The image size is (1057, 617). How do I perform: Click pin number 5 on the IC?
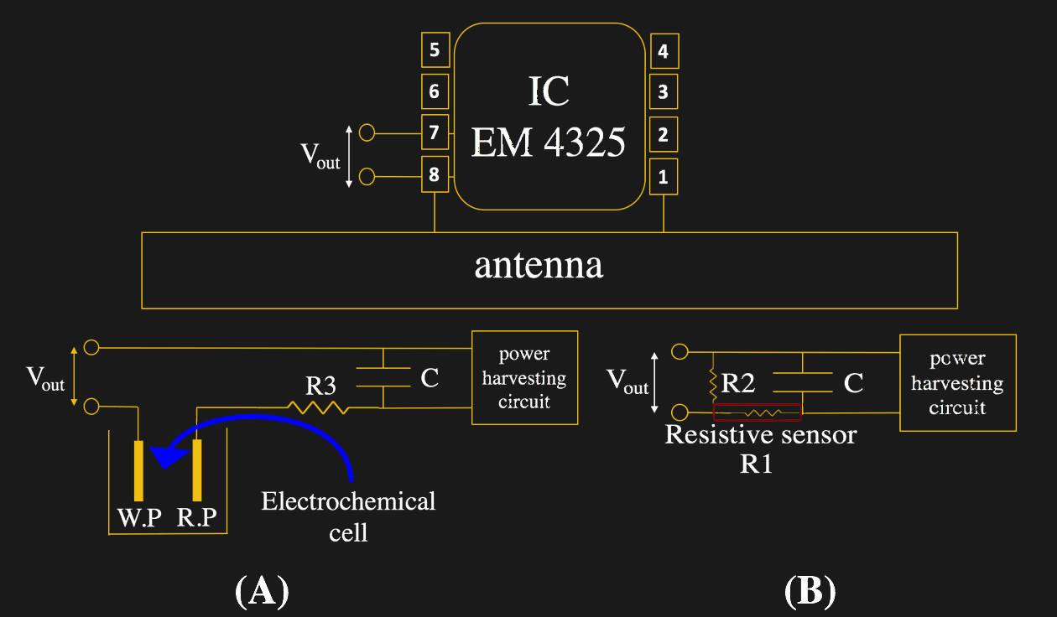(x=435, y=50)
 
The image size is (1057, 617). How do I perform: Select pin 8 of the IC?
(x=435, y=175)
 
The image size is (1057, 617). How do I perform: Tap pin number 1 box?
(x=664, y=177)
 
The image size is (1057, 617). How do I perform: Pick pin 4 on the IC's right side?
(x=664, y=52)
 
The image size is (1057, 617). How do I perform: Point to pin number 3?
(x=664, y=92)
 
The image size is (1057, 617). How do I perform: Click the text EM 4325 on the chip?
(x=548, y=142)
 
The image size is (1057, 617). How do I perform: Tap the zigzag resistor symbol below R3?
(x=317, y=407)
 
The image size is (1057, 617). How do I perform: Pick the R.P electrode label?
(x=197, y=518)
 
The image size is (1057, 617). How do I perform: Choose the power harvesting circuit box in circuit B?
(x=957, y=383)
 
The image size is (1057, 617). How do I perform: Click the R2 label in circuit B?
(x=739, y=384)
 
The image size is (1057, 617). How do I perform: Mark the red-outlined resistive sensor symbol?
(x=757, y=412)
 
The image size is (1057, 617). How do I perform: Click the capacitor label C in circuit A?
(x=430, y=378)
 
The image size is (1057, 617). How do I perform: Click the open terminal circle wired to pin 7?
(x=367, y=132)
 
